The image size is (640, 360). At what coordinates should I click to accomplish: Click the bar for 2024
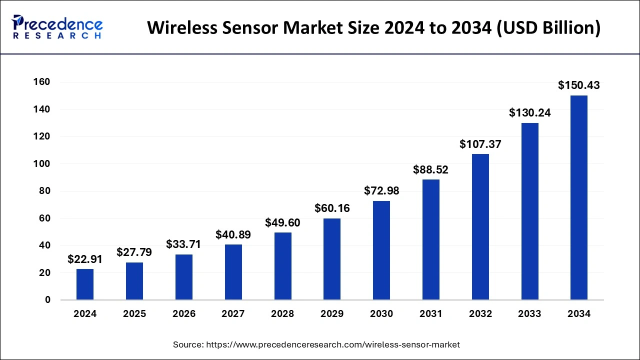coord(85,284)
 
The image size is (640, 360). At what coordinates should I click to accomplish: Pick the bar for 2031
coord(431,239)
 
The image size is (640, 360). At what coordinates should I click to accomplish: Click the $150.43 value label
coord(579,85)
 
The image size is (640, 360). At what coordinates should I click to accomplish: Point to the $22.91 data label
coord(85,259)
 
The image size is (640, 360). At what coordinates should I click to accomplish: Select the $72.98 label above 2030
coord(381,190)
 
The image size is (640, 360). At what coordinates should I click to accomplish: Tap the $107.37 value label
coord(480,144)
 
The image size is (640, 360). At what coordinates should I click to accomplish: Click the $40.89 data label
coord(233,234)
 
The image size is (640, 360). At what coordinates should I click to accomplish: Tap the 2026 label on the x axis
coord(184,314)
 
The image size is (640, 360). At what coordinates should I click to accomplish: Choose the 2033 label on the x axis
coord(529,314)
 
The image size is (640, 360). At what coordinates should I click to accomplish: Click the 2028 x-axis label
coord(282,314)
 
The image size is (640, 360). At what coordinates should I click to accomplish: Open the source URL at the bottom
coord(332,344)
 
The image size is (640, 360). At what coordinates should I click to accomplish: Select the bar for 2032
coord(480,227)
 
